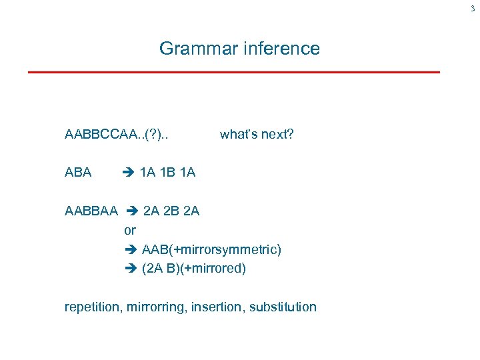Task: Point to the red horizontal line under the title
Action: coord(233,71)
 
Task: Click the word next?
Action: coord(277,135)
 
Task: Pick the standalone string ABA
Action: coord(78,173)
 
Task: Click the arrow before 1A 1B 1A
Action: coord(129,173)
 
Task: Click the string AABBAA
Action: coord(91,211)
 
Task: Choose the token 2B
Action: coord(171,211)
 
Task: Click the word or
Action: coord(130,230)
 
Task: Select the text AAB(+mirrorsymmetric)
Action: coord(211,249)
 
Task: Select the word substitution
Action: coord(283,307)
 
